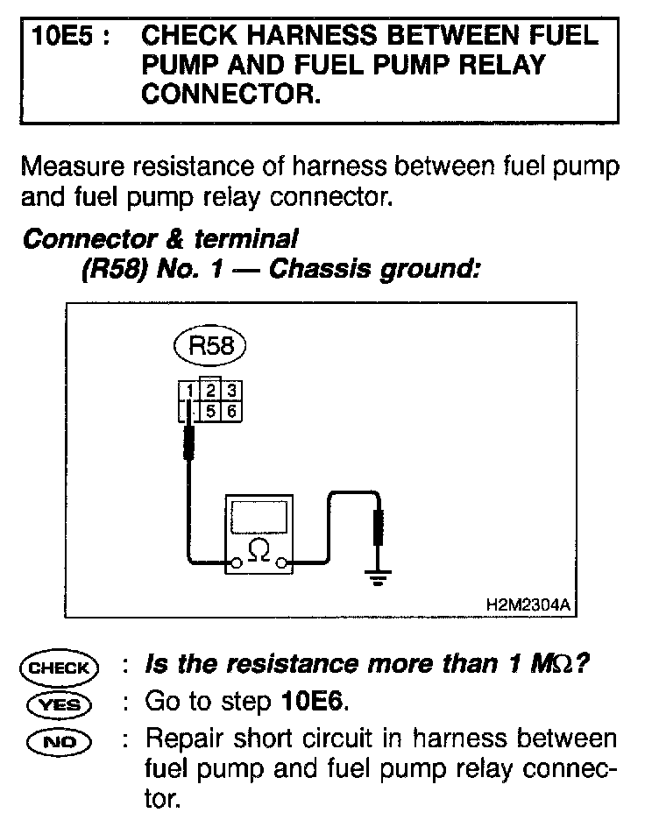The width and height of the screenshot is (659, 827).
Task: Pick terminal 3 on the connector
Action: click(231, 391)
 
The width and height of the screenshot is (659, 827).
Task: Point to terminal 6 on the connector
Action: click(231, 410)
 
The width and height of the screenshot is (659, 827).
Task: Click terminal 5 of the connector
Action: click(211, 410)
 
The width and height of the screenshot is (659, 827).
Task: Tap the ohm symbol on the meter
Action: click(259, 550)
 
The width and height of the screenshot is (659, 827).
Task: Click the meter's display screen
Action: click(259, 517)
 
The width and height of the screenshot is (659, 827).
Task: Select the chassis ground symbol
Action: click(378, 578)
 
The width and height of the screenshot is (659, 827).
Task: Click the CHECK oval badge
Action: click(60, 668)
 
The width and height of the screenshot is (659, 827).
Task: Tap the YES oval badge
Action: click(60, 703)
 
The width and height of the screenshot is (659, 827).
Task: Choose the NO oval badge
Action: click(60, 739)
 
